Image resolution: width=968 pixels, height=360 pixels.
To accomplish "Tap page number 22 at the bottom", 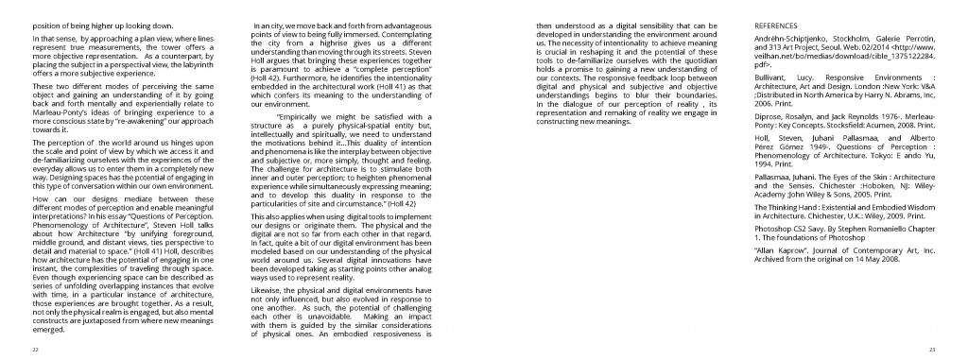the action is click(35, 349).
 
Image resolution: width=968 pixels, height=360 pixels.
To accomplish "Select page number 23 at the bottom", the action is click(931, 349).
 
